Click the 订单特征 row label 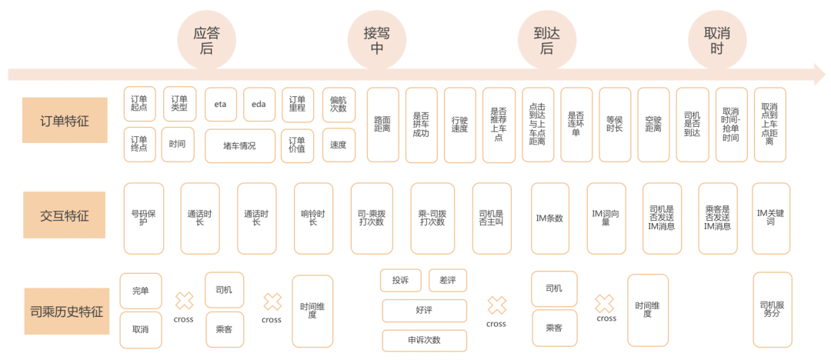coord(65,120)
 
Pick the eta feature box coord(221,105)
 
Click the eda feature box coord(259,105)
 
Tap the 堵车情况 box coord(240,145)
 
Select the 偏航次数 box coord(338,105)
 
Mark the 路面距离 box coord(382,125)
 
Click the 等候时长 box coord(615,125)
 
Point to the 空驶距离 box coord(653,125)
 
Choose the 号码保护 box coord(143,218)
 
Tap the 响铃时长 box coord(313,218)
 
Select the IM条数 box coord(550,218)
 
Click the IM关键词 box coord(771,218)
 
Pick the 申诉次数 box coord(424,340)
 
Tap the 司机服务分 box coord(772,309)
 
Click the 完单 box coord(141,291)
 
